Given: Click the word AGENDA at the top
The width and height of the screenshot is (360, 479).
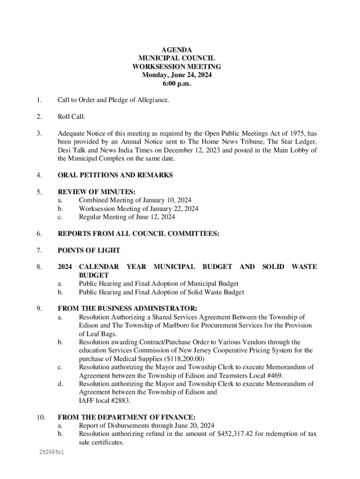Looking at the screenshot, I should point(177,50).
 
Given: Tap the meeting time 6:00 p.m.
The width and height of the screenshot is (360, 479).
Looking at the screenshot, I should point(177,84).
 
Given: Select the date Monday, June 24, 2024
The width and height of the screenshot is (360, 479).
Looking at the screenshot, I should point(177,75).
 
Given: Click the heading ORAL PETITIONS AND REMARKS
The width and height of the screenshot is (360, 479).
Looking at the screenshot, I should point(115,175).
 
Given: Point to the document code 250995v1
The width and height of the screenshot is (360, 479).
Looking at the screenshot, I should point(52,453).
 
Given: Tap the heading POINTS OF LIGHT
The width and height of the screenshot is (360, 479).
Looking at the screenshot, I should point(89,250).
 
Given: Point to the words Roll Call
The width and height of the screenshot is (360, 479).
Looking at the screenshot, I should point(71,116).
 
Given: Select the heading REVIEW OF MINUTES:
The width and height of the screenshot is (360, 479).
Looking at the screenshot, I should point(97,191).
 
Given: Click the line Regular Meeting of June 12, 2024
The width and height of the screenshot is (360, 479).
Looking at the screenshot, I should point(127,217).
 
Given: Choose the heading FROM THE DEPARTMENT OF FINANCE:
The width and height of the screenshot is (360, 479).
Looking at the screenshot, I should point(126,417).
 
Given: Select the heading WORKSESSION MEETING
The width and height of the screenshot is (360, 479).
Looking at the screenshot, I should point(177,67).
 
